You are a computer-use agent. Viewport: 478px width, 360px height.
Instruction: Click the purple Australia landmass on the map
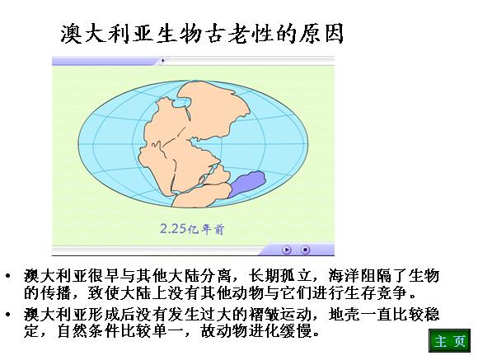pyautogui.click(x=246, y=184)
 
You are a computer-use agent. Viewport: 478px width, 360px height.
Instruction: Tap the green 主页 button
pyautogui.click(x=449, y=341)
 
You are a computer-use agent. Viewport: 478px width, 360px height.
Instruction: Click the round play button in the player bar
pyautogui.click(x=287, y=250)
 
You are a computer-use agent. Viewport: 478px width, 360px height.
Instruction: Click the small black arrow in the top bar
pyautogui.click(x=163, y=61)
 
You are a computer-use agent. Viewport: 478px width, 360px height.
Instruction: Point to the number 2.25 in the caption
pyautogui.click(x=173, y=228)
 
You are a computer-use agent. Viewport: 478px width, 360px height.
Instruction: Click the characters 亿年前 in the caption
pyautogui.click(x=205, y=230)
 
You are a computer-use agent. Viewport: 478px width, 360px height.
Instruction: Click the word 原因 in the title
pyautogui.click(x=321, y=34)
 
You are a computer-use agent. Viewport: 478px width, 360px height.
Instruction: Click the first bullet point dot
pyautogui.click(x=7, y=277)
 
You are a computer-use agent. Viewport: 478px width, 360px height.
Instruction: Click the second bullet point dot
pyautogui.click(x=7, y=314)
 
